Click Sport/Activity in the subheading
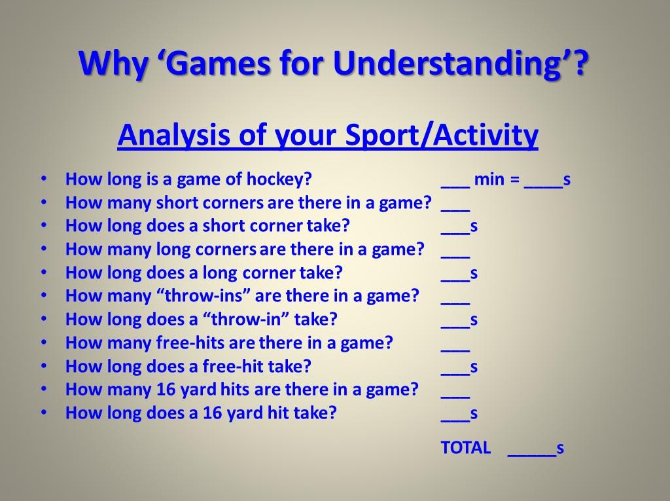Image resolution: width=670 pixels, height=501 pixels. click(x=442, y=136)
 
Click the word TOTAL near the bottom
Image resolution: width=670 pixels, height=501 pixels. click(x=465, y=447)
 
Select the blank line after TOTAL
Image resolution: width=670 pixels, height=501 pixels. click(x=532, y=456)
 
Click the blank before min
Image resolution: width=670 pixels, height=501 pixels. click(x=455, y=187)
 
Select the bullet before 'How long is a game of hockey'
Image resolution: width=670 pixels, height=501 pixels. click(x=44, y=179)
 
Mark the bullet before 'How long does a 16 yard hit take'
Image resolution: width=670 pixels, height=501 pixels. click(x=44, y=413)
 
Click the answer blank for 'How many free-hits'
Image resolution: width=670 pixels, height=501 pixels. click(x=455, y=351)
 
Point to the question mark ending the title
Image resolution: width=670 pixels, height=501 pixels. click(x=580, y=64)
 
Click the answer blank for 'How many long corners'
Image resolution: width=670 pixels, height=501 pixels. click(x=455, y=257)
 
